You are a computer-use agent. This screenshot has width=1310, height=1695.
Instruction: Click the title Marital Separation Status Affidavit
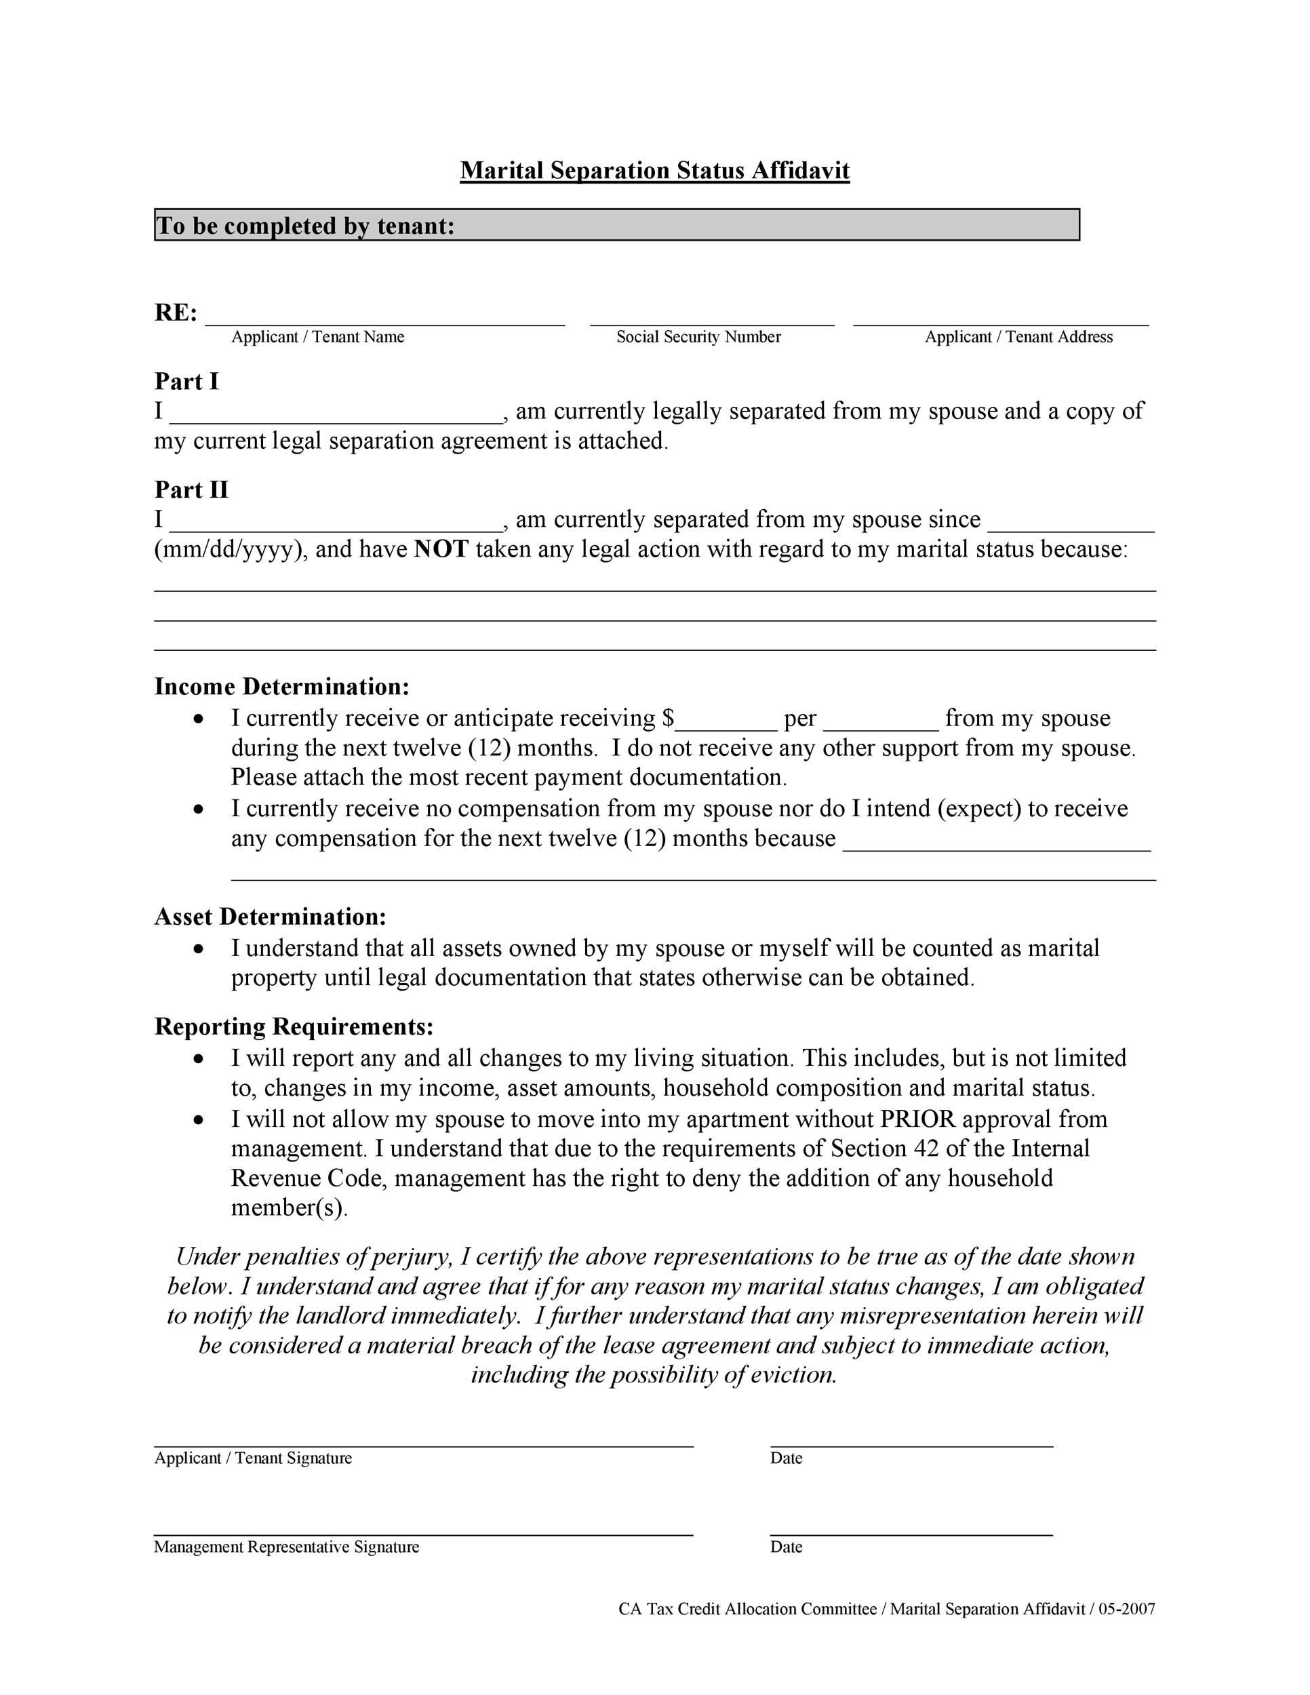[x=654, y=171]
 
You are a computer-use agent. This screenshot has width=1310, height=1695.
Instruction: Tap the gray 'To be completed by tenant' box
[x=616, y=225]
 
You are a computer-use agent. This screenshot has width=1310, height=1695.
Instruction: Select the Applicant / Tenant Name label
[x=317, y=337]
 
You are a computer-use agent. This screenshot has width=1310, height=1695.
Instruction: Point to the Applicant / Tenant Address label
[x=1018, y=337]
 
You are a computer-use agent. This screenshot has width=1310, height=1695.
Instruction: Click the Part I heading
[x=186, y=381]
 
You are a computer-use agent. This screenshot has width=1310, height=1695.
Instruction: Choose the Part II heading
[x=191, y=490]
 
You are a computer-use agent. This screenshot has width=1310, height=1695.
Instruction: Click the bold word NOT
[x=441, y=549]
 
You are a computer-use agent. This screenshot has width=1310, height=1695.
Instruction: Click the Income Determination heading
[x=281, y=687]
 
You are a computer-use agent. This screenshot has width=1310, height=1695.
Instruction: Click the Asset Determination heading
[x=270, y=917]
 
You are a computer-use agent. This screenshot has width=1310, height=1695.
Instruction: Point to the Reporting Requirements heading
[x=294, y=1026]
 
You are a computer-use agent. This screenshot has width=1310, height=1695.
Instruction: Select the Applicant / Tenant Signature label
[x=253, y=1458]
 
